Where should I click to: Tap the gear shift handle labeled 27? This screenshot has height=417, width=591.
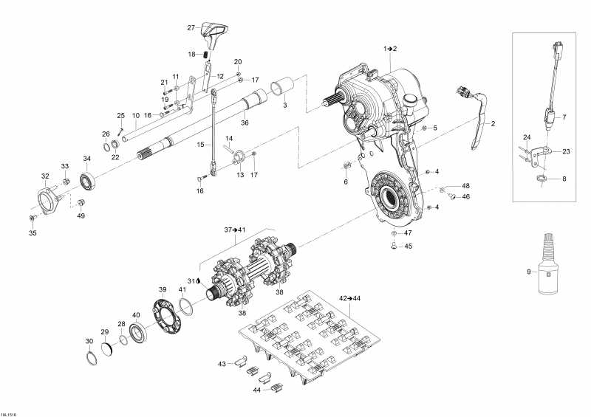point(213,35)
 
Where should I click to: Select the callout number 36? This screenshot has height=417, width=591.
point(245,123)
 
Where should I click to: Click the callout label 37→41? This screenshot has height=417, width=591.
point(235,230)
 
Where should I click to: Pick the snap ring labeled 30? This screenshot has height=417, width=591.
point(92,357)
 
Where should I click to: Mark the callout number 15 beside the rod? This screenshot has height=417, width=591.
point(200,144)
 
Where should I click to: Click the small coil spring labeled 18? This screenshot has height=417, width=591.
point(206,55)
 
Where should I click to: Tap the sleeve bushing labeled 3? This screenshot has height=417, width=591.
point(283,87)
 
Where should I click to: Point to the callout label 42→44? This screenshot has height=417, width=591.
point(349,298)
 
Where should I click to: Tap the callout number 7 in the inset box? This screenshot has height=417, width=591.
point(564,117)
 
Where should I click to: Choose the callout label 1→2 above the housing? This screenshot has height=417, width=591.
point(391,48)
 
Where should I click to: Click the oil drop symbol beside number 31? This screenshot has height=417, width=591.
point(198,280)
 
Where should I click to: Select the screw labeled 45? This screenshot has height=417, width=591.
point(394,247)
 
